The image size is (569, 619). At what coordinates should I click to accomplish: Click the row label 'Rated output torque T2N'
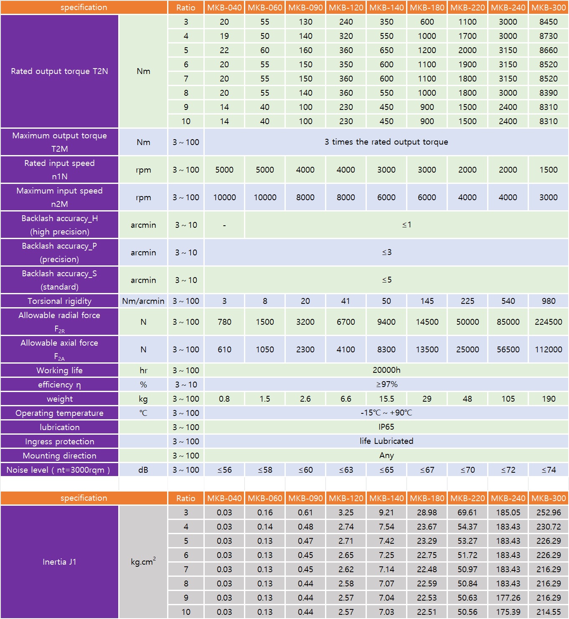[59, 71]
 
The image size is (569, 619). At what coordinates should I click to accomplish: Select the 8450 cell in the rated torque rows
[548, 22]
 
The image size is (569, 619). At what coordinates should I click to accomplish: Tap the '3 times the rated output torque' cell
[386, 142]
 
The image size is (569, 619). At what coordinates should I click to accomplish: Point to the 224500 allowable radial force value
[548, 322]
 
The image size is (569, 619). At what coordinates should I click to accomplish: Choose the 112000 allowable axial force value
[548, 349]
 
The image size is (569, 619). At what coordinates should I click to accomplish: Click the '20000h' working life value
[386, 370]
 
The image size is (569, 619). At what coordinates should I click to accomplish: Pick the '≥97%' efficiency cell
[386, 385]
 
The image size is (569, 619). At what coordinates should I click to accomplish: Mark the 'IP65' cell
[386, 427]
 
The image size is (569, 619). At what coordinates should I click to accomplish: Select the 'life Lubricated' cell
[386, 441]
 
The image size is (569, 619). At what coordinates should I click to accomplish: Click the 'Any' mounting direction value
[386, 456]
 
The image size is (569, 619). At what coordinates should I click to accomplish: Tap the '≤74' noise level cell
[548, 470]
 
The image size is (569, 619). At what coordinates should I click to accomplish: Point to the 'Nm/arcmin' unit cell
[143, 301]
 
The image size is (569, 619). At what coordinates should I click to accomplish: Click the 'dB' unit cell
[143, 470]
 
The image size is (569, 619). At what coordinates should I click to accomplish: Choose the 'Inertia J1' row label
[59, 562]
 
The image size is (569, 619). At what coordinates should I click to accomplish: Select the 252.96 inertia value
[548, 512]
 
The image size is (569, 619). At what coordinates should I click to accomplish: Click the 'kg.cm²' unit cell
[143, 562]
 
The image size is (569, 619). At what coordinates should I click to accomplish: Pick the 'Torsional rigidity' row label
[59, 301]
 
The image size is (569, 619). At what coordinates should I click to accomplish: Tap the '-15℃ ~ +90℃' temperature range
[386, 413]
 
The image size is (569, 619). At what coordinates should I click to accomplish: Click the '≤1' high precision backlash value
[406, 225]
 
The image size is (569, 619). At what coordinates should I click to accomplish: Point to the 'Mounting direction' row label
[59, 456]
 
